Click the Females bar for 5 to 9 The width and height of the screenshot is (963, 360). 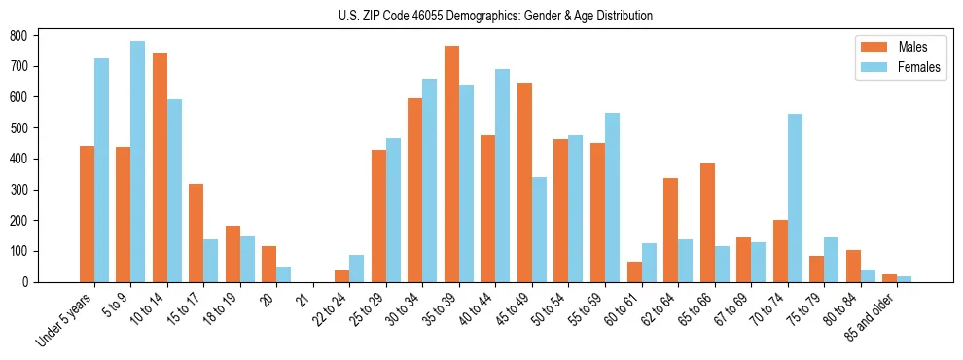138,162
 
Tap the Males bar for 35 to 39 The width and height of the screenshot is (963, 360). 451,163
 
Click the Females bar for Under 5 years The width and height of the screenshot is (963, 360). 101,170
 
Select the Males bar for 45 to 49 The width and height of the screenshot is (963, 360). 524,182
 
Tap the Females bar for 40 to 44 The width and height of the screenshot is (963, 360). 503,175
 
